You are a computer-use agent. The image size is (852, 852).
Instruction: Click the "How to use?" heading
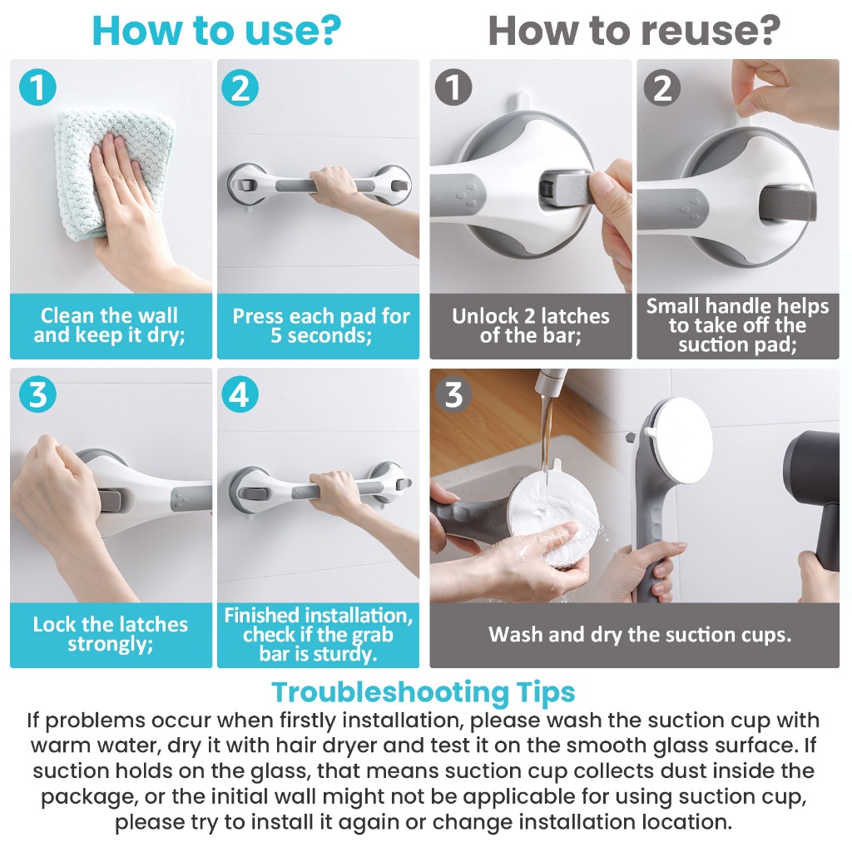tap(216, 31)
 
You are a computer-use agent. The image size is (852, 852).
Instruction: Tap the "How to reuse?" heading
tap(634, 31)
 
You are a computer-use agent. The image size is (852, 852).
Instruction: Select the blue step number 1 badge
tap(37, 87)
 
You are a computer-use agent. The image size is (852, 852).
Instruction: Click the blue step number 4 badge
tap(240, 394)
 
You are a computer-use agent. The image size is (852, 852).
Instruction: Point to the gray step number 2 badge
tap(661, 87)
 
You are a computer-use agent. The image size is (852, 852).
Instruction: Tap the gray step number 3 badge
tap(453, 394)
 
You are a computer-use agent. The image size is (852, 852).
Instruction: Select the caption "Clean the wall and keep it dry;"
tap(110, 325)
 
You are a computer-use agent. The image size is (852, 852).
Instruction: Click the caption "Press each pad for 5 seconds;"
tap(320, 325)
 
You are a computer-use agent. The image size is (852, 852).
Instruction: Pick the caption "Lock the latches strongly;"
tap(111, 634)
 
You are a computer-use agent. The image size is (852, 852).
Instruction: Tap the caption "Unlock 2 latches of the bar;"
tap(530, 325)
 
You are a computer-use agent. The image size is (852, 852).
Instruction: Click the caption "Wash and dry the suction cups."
tap(640, 635)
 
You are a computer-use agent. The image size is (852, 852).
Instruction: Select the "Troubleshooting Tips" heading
tap(424, 692)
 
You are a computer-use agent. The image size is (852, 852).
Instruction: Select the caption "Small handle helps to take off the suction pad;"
tap(737, 325)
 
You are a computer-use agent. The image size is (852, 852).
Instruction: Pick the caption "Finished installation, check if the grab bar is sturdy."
tap(319, 635)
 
